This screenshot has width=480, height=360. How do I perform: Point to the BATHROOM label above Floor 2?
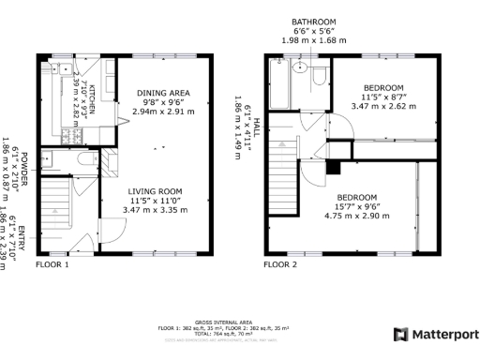coord(312,22)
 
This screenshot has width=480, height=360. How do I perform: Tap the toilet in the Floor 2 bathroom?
coord(320,75)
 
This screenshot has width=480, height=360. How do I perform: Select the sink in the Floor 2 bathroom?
coord(301,67)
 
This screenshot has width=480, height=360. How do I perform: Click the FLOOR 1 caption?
coord(52,265)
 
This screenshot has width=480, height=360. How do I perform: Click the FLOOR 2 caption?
coord(279,265)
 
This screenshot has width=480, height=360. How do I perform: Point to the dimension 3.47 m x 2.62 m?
coord(382,107)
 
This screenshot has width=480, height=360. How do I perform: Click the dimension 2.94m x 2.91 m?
coord(163,111)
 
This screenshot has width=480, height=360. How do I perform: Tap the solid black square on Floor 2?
coord(332,168)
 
